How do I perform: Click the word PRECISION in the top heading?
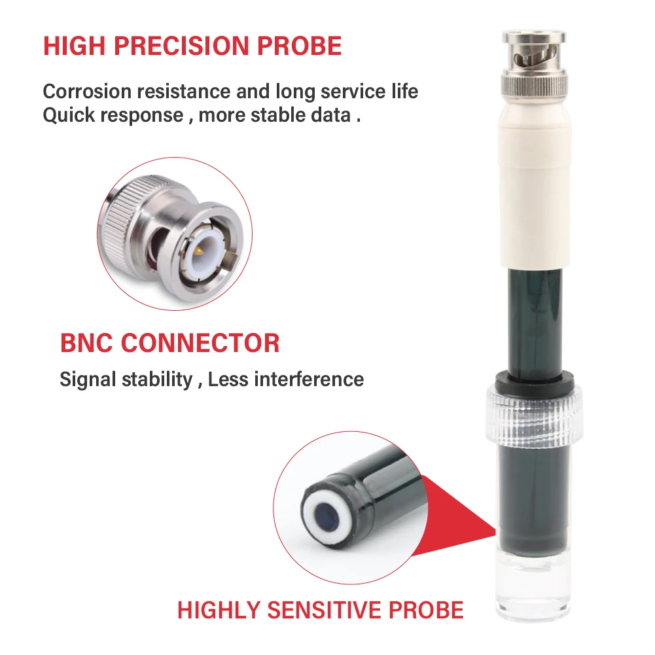coord(181,46)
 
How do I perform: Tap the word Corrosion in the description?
coord(87,92)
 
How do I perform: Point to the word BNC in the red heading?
coord(87,343)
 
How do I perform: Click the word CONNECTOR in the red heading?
coord(200,343)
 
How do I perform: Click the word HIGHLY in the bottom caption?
coord(219,610)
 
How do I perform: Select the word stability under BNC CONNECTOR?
coord(157,380)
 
